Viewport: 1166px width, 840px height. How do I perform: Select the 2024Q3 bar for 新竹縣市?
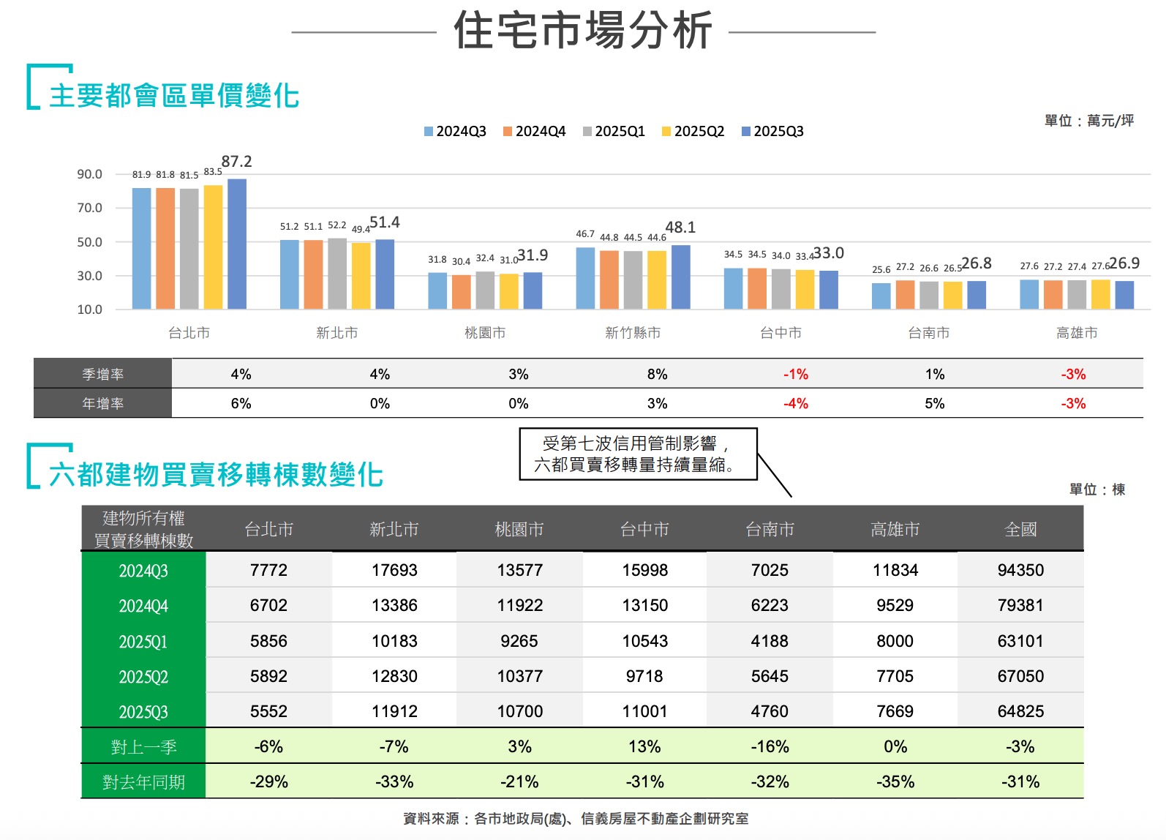pyautogui.click(x=585, y=278)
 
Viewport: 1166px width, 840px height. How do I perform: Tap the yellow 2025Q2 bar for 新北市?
pyautogui.click(x=361, y=276)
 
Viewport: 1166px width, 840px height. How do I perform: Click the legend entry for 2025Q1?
pyautogui.click(x=614, y=132)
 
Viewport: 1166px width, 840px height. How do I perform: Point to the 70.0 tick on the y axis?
pyautogui.click(x=90, y=208)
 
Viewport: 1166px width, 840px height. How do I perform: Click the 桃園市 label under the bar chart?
pyautogui.click(x=485, y=333)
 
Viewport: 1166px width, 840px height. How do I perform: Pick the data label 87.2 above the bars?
pyautogui.click(x=236, y=162)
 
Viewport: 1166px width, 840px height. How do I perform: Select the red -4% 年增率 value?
pyautogui.click(x=796, y=403)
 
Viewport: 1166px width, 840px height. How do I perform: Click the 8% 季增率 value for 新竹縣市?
pyautogui.click(x=657, y=374)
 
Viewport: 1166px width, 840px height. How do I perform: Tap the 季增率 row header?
pyautogui.click(x=103, y=374)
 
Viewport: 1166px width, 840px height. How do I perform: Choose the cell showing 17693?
pyautogui.click(x=394, y=570)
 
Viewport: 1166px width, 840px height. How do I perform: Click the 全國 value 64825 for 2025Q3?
pyautogui.click(x=1020, y=711)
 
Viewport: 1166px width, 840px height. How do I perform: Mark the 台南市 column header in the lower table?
pyautogui.click(x=770, y=529)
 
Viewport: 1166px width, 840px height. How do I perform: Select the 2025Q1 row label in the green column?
pyautogui.click(x=143, y=642)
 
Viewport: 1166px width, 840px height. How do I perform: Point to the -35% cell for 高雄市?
pyautogui.click(x=895, y=781)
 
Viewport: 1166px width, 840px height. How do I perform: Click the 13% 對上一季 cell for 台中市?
pyautogui.click(x=644, y=746)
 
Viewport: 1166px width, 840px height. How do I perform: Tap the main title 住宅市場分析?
pyautogui.click(x=583, y=31)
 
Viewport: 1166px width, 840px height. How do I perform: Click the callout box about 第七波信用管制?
pyautogui.click(x=638, y=454)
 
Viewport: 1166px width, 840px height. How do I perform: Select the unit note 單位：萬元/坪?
pyautogui.click(x=1088, y=121)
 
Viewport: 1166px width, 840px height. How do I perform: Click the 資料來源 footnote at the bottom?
pyautogui.click(x=576, y=819)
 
